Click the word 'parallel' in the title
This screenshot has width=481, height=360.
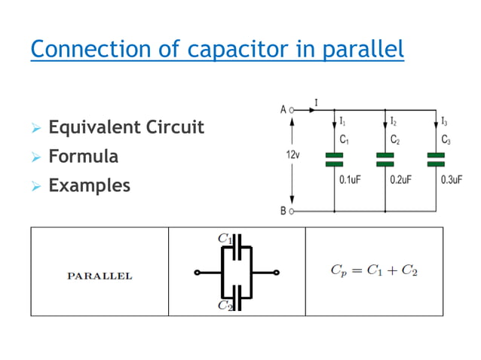pyautogui.click(x=365, y=50)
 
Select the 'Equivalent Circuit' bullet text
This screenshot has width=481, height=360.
pyautogui.click(x=126, y=127)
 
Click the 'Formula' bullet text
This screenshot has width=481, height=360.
pyautogui.click(x=83, y=157)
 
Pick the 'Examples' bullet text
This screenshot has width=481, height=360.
pyautogui.click(x=89, y=185)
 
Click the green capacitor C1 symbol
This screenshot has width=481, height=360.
pyautogui.click(x=333, y=159)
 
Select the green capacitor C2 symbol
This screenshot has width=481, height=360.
pyautogui.click(x=385, y=159)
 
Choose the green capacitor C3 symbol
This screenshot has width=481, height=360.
pyautogui.click(x=437, y=159)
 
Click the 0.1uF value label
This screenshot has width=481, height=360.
pyautogui.click(x=350, y=181)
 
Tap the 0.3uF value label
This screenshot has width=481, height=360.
pyautogui.click(x=452, y=181)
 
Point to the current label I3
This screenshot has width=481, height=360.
pyautogui.click(x=445, y=121)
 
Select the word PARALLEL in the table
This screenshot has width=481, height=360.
pyautogui.click(x=100, y=276)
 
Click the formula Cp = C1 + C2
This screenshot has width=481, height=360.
pyautogui.click(x=374, y=271)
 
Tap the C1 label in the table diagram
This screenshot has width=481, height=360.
pyautogui.click(x=224, y=238)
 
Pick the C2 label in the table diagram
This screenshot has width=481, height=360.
pyautogui.click(x=224, y=305)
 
